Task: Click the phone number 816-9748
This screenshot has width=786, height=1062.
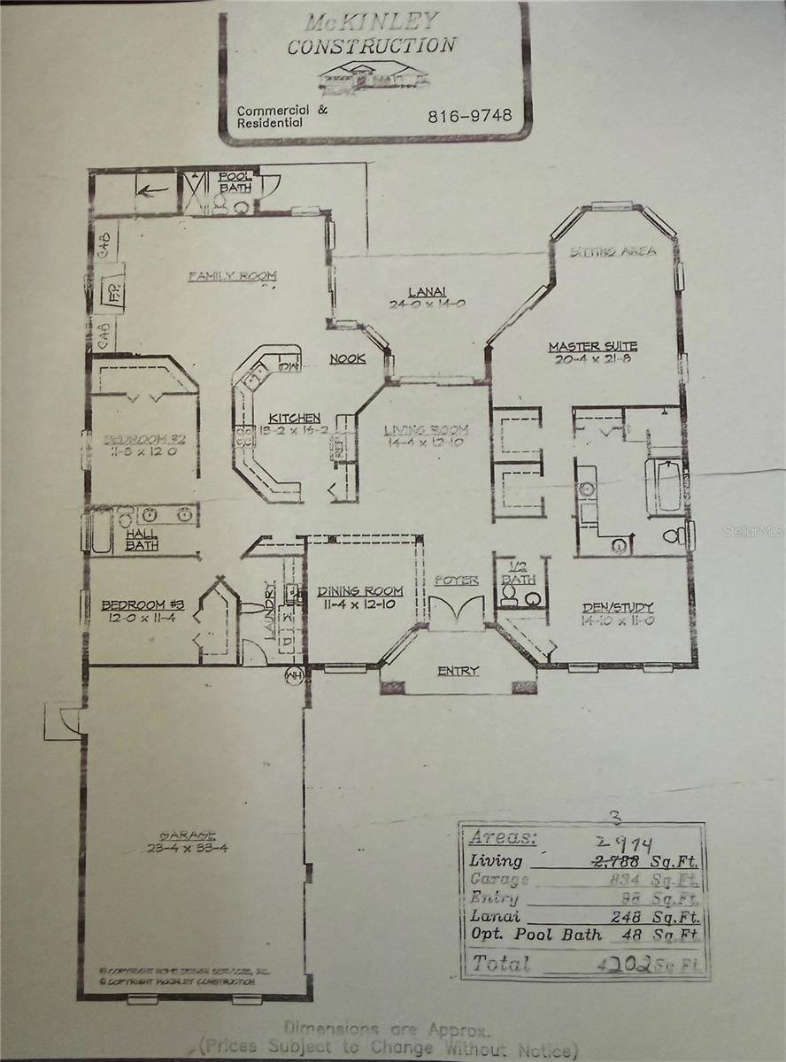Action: (469, 115)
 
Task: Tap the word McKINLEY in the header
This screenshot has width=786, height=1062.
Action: (372, 21)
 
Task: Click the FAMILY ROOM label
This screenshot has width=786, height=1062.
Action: (233, 276)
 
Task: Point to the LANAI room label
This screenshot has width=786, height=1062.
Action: (427, 291)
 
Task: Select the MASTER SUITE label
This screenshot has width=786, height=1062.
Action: (592, 346)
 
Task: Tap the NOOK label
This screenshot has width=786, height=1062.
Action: (347, 358)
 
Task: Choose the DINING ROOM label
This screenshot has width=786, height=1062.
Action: (360, 591)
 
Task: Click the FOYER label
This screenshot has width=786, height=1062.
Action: (456, 581)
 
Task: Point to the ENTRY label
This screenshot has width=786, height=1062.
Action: (458, 671)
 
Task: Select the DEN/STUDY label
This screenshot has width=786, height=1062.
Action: (618, 607)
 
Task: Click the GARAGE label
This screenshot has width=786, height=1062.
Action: (187, 835)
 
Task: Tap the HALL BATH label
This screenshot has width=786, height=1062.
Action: (141, 540)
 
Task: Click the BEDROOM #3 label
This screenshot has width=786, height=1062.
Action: (142, 605)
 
